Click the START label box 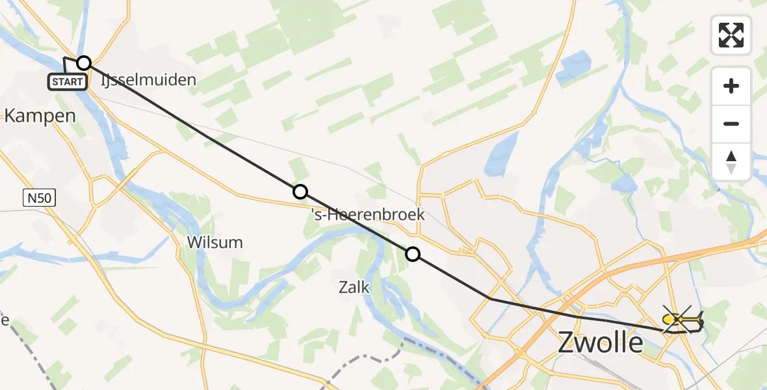[67, 82]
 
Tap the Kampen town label [40, 116]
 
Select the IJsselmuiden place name [148, 81]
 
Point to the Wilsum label [214, 242]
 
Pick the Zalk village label [354, 287]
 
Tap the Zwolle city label [601, 343]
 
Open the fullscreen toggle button [731, 35]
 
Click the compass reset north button [731, 162]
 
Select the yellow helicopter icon [682, 320]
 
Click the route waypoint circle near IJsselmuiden [84, 63]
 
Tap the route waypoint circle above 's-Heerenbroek [300, 191]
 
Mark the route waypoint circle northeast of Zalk [413, 254]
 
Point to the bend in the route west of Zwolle [489, 298]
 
